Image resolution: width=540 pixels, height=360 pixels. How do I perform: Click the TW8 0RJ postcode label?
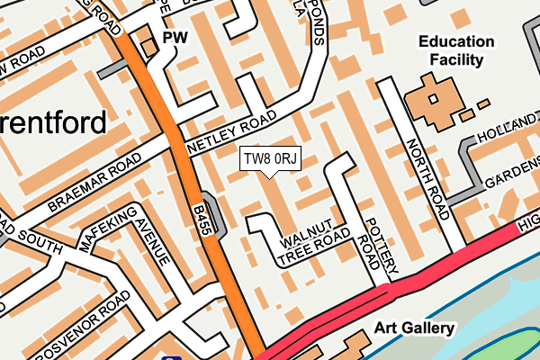(x=269, y=159)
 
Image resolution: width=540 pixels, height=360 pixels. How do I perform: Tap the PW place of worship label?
(x=175, y=39)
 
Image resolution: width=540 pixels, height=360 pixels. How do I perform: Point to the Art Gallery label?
(x=415, y=328)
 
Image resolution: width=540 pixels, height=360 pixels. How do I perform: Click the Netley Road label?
(x=231, y=133)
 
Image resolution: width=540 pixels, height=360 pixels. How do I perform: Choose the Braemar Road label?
(x=96, y=182)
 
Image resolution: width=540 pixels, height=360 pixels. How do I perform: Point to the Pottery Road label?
(x=378, y=244)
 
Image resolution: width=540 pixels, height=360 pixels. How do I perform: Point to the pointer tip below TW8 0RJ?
(x=269, y=176)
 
